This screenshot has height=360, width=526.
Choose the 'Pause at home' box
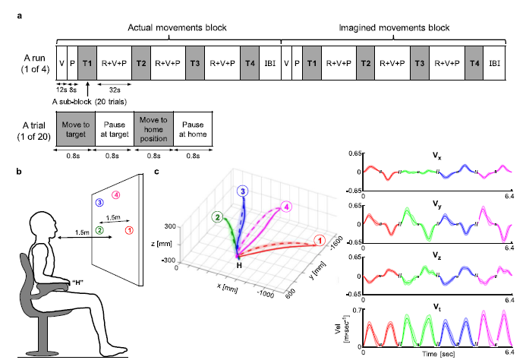(192, 128)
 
